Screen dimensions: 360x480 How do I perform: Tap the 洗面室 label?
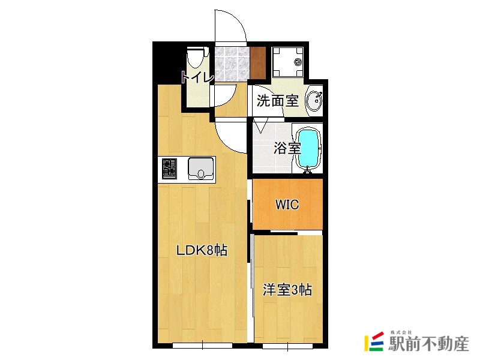tap(277, 101)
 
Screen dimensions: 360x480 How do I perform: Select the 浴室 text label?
tap(287, 148)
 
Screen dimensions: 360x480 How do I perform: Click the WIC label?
tap(287, 204)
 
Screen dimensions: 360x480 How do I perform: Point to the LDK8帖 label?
tap(201, 251)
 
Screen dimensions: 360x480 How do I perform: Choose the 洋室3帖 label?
tap(287, 290)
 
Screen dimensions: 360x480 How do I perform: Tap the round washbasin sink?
tap(314, 101)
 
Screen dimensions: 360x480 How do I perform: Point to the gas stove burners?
tap(169, 169)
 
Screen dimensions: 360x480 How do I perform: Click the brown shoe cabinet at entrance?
tap(258, 62)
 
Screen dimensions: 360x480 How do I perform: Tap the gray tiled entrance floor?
tap(231, 63)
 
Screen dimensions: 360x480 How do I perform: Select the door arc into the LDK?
tap(229, 137)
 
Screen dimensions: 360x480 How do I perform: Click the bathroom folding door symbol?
tap(261, 126)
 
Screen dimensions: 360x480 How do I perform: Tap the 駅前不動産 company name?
tap(428, 344)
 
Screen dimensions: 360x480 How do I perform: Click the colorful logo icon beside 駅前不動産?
tap(375, 341)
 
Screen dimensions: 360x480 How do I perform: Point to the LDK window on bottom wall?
tap(202, 345)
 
